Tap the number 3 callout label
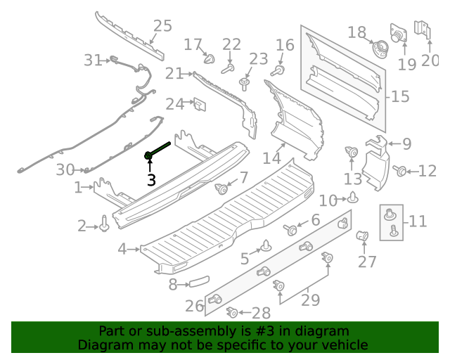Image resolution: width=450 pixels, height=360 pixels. click(x=151, y=180)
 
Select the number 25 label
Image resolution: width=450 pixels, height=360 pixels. click(x=162, y=26)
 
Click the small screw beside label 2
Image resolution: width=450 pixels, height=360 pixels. click(x=105, y=224)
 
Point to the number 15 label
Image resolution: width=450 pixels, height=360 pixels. click(x=400, y=96)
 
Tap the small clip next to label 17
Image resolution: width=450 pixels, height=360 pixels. click(x=210, y=58)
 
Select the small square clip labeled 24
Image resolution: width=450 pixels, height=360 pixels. click(x=199, y=105)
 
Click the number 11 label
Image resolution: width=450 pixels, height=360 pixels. click(x=418, y=221)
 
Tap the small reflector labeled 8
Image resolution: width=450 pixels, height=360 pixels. click(x=198, y=284)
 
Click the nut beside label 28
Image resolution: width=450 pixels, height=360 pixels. click(x=231, y=312)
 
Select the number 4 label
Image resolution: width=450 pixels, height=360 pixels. click(x=122, y=249)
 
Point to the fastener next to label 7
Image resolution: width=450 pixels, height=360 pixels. click(x=222, y=188)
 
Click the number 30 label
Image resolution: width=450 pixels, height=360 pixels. click(x=65, y=169)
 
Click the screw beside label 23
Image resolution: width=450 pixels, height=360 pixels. click(x=244, y=84)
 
